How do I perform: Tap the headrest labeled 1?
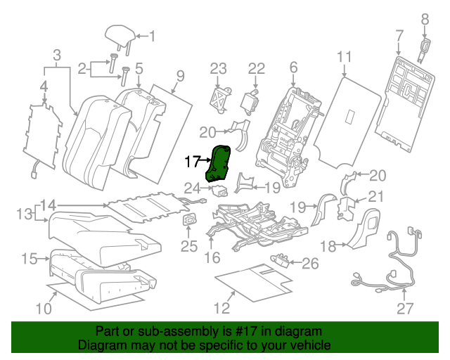click(x=117, y=34)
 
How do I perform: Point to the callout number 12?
click(x=221, y=308)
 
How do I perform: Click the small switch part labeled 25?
click(x=189, y=221)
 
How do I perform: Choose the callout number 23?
click(x=219, y=68)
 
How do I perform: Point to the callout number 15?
click(x=29, y=259)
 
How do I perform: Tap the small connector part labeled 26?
click(x=282, y=259)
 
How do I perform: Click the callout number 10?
click(x=44, y=308)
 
